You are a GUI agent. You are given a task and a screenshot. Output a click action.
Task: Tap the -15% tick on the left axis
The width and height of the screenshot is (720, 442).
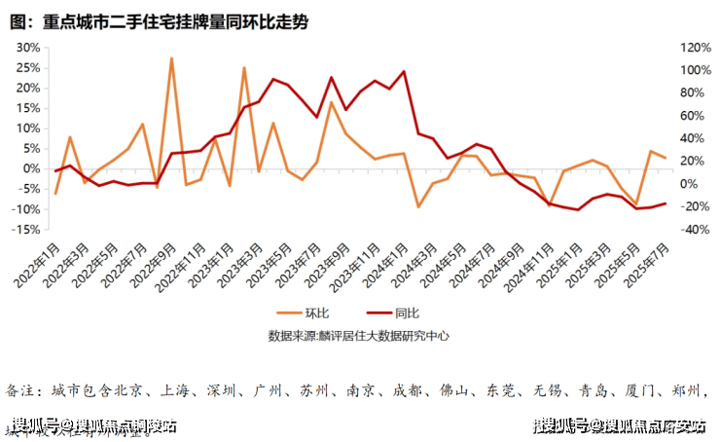[25, 230]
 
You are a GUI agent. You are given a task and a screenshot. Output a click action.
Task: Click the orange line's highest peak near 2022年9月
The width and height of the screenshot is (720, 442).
[171, 58]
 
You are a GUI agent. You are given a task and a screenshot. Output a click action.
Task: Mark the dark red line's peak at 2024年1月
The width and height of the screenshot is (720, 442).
[404, 72]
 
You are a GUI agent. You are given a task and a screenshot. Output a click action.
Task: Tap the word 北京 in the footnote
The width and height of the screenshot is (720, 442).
[129, 391]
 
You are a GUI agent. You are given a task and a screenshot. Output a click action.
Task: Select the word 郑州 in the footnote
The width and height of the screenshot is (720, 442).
[686, 391]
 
